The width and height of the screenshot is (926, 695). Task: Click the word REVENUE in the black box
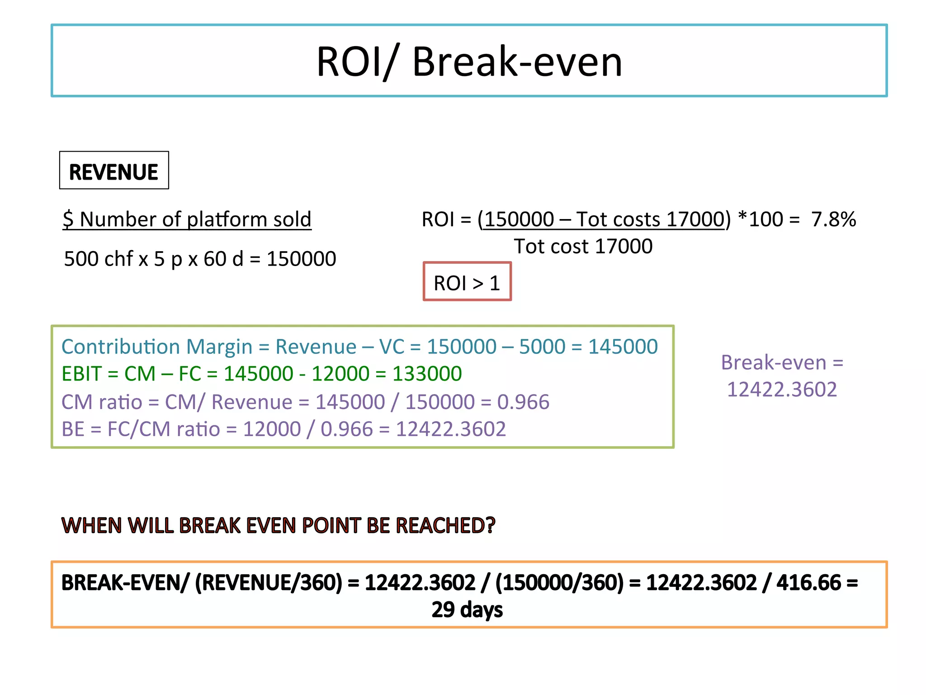pyautogui.click(x=113, y=172)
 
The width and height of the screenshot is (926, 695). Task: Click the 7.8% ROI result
pyautogui.click(x=833, y=219)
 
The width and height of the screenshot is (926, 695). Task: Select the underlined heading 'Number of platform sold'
pyautogui.click(x=195, y=219)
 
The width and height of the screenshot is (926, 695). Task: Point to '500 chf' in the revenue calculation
pyautogui.click(x=99, y=259)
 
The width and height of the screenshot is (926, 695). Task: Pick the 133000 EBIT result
pyautogui.click(x=427, y=374)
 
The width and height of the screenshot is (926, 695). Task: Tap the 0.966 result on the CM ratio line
pyautogui.click(x=523, y=402)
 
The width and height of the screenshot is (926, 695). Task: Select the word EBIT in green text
pyautogui.click(x=81, y=374)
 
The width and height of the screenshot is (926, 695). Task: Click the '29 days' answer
pyautogui.click(x=467, y=609)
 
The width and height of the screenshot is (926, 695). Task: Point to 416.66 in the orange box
pyautogui.click(x=808, y=583)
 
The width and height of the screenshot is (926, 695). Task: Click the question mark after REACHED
pyautogui.click(x=490, y=525)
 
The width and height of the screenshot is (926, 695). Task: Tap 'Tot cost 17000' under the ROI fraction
pyautogui.click(x=583, y=247)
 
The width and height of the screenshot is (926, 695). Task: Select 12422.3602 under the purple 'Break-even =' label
pyautogui.click(x=782, y=390)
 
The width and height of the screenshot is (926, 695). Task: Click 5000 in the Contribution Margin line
pyautogui.click(x=542, y=347)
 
